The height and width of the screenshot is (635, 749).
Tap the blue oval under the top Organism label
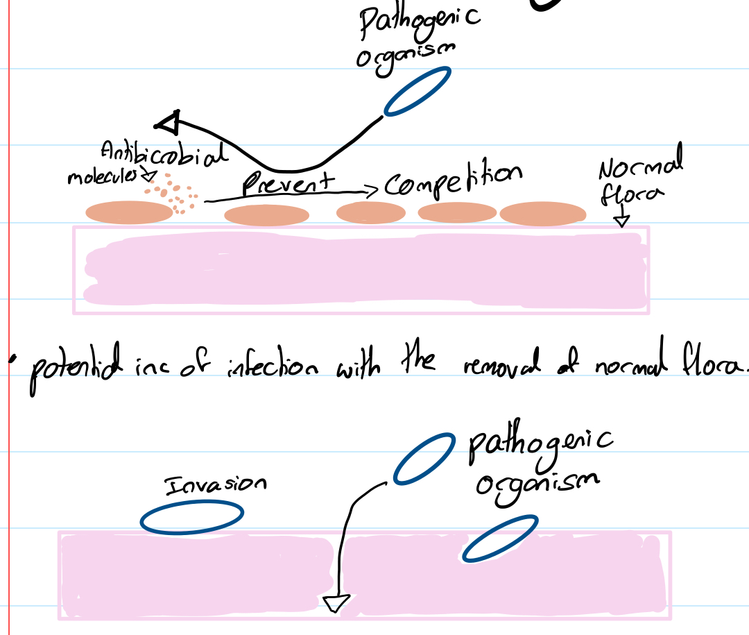click(x=417, y=90)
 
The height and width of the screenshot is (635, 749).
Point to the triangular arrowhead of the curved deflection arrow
click(x=169, y=122)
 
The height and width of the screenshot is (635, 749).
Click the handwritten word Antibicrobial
click(x=164, y=154)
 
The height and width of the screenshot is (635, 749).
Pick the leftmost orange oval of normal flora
click(x=128, y=212)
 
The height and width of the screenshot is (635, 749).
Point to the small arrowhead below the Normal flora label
click(x=622, y=221)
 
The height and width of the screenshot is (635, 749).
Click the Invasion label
click(x=215, y=484)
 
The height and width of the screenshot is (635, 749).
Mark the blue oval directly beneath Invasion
click(x=192, y=518)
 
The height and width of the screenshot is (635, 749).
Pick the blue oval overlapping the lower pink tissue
click(x=499, y=538)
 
